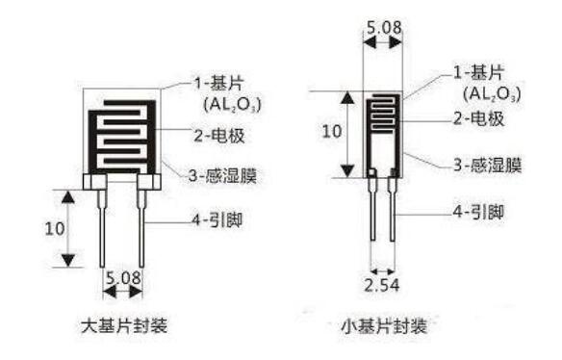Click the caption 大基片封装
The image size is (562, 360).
(124, 326)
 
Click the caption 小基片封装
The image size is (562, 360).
(384, 326)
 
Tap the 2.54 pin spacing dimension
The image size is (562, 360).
(382, 286)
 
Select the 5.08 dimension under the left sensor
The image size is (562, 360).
(123, 277)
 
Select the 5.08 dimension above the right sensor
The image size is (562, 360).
(384, 28)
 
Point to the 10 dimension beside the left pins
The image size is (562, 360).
(55, 228)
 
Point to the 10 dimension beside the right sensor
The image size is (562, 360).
(332, 131)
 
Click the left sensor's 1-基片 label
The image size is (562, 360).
(219, 84)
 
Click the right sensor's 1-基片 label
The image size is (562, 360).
(479, 72)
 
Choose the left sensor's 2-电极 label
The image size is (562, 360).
(219, 136)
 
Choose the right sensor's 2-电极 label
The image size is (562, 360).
(479, 118)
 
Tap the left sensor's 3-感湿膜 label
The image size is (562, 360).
(222, 175)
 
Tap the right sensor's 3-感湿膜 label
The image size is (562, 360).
(488, 165)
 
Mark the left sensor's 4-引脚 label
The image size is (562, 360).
(217, 219)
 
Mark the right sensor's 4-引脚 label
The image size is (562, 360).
(478, 212)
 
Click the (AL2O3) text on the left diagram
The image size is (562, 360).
(233, 104)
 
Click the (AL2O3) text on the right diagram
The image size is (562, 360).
(492, 94)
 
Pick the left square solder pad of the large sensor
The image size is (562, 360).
(95, 182)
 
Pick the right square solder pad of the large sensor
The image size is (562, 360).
(149, 182)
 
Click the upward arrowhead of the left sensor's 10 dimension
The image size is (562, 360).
(68, 197)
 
